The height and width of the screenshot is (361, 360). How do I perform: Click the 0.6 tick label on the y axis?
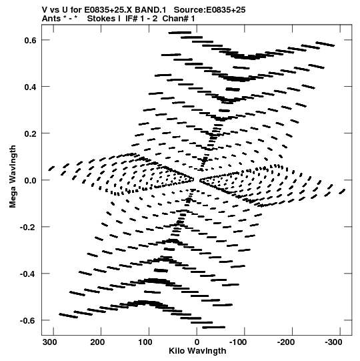(x=31, y=40)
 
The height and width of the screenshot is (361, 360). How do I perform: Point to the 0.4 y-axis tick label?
(x=31, y=87)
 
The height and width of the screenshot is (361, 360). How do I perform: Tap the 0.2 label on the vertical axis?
(x=31, y=133)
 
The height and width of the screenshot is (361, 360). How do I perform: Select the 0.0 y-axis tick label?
(x=31, y=181)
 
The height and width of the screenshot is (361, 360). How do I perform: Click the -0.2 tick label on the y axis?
(x=28, y=228)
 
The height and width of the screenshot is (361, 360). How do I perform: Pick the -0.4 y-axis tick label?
(x=28, y=274)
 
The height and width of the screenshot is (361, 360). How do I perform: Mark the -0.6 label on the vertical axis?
(x=28, y=321)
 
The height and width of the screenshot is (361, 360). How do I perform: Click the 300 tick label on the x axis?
(x=50, y=342)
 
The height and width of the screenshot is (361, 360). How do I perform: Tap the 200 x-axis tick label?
(x=97, y=342)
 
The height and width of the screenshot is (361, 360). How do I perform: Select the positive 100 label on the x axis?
(x=145, y=342)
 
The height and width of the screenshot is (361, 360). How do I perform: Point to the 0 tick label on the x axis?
(x=197, y=342)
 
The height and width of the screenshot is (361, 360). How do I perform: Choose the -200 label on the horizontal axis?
(x=286, y=342)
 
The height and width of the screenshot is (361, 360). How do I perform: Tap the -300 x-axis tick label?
(x=333, y=342)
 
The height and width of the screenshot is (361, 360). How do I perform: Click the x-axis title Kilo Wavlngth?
(x=197, y=351)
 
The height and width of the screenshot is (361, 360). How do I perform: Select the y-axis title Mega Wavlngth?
(x=13, y=177)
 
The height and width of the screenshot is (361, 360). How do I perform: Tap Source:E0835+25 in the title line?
(x=209, y=10)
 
